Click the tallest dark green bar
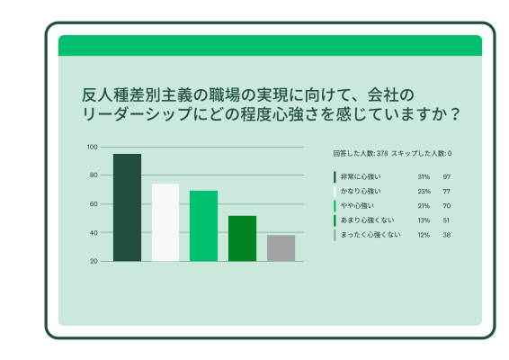point(127,207)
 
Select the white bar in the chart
point(165,222)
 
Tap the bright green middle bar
point(203,226)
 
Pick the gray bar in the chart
point(281,247)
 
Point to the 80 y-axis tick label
point(93,175)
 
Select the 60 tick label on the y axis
point(93,204)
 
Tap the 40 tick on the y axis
point(93,233)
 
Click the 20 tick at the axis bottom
point(93,261)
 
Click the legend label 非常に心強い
point(361,177)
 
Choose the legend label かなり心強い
point(361,192)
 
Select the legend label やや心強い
point(357,206)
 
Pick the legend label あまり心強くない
point(364,220)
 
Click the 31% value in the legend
point(424,177)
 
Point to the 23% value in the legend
point(424,192)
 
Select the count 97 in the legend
point(446,177)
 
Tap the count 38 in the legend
point(446,235)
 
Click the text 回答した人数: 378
point(360,154)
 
